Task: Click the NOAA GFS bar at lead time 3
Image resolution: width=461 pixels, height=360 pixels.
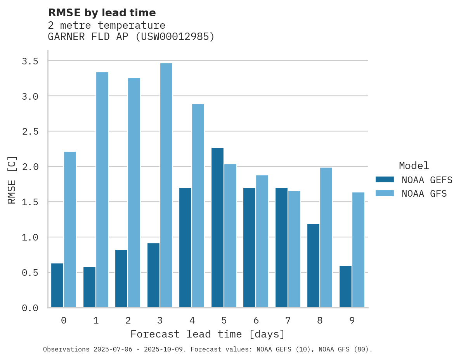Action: (166, 185)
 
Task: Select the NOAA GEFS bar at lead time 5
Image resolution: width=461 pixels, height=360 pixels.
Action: (217, 228)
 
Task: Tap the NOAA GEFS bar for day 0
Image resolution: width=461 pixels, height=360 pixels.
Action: (57, 286)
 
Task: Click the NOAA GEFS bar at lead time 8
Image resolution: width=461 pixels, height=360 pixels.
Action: (313, 266)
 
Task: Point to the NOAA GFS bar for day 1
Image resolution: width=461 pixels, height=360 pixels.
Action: (102, 190)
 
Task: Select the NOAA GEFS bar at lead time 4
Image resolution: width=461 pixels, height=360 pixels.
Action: (185, 247)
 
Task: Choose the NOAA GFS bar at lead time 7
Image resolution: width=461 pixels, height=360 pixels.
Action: (294, 249)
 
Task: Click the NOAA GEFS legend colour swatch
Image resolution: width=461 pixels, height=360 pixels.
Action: (385, 180)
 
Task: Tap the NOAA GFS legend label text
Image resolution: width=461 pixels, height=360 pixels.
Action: (424, 194)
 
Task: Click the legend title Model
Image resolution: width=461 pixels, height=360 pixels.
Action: (414, 166)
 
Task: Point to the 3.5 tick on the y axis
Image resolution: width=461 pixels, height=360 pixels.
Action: (30, 61)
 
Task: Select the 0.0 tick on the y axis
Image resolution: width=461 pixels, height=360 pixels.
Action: (30, 308)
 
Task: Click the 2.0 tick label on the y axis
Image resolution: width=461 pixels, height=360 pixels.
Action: (30, 167)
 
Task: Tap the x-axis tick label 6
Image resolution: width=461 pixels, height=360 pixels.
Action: (256, 320)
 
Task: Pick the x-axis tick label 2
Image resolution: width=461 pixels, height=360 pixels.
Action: (128, 320)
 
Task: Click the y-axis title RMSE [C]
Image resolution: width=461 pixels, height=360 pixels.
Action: (12, 180)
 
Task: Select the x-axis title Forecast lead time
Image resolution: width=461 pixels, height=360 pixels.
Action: (208, 334)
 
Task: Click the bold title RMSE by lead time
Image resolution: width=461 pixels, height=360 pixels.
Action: (102, 13)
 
